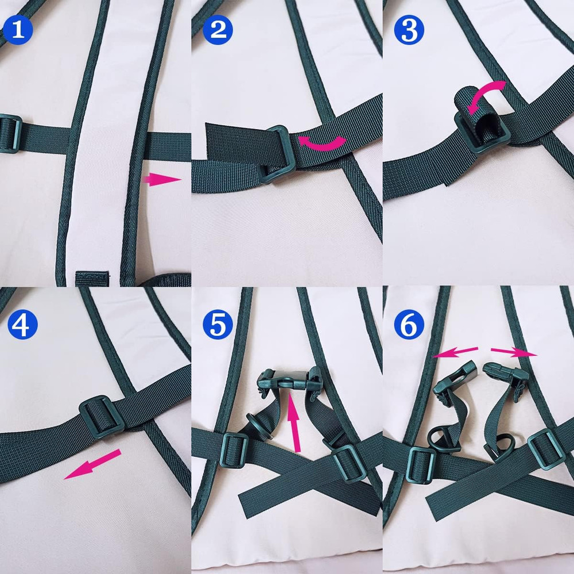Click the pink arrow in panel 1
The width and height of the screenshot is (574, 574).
coord(161,180)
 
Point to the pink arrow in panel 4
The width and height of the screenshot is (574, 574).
coord(92,464)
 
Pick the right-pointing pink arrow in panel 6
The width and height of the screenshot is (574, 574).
coord(514,351)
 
